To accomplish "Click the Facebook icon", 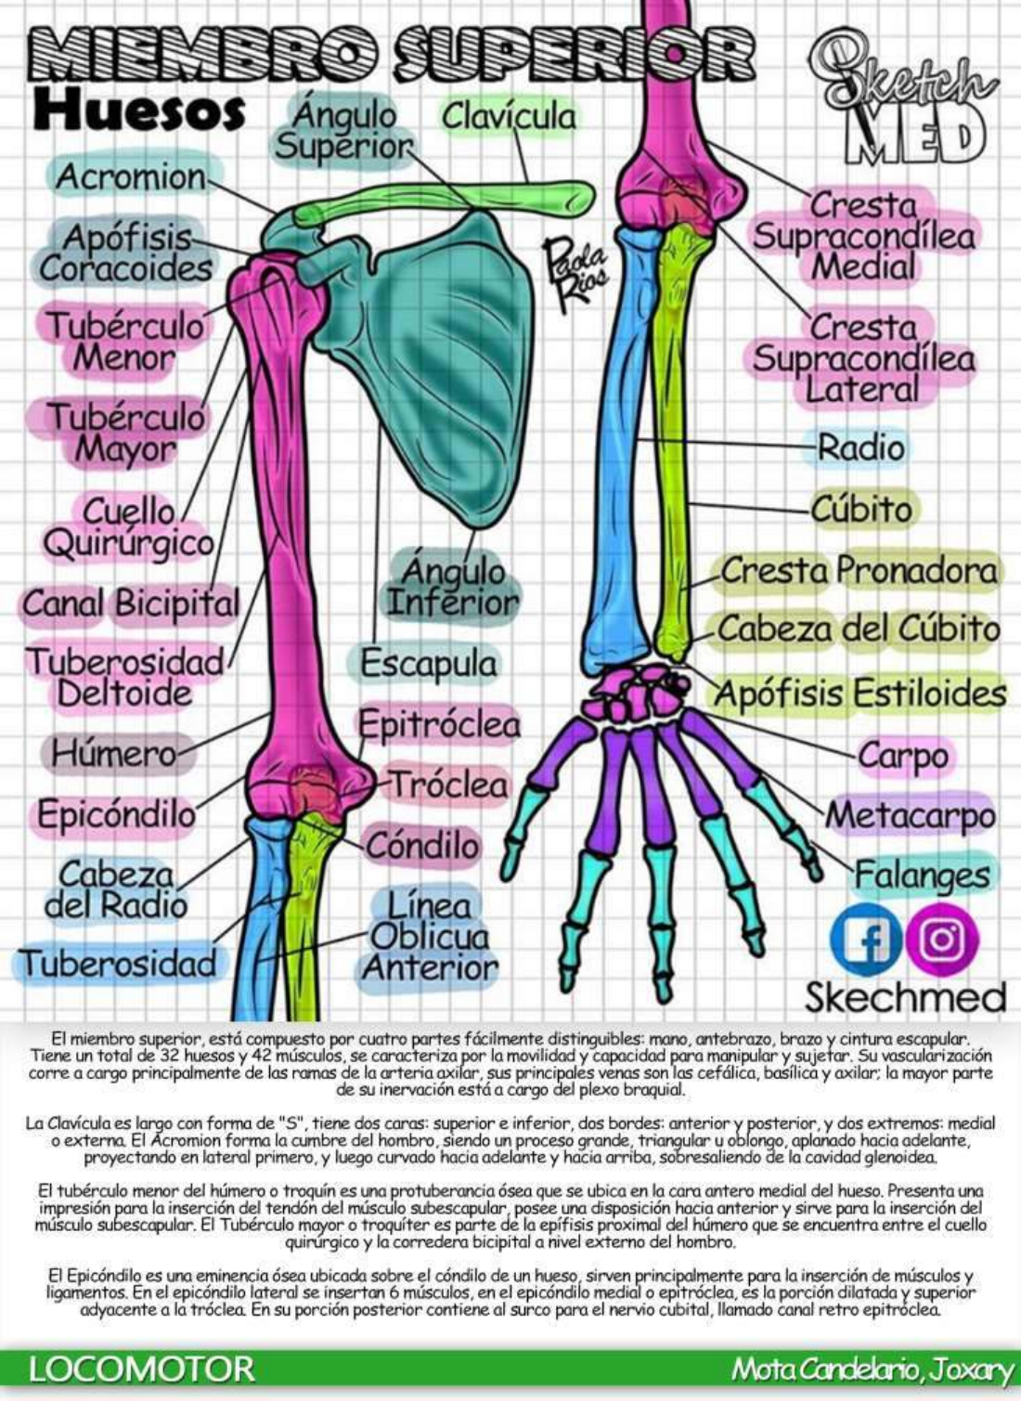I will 865,939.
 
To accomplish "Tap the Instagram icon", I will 941,939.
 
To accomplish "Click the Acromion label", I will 131,176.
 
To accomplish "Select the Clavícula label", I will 508,116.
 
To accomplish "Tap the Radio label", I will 860,448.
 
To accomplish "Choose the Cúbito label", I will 861,509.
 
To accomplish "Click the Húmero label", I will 113,753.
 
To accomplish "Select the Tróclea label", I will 448,785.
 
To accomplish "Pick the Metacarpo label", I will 910,816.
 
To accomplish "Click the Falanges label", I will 922,875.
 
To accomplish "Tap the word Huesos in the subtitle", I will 138,111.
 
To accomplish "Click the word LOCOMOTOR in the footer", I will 141,1369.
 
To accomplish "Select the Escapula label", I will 428,664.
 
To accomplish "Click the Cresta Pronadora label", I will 859,570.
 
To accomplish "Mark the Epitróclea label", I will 439,724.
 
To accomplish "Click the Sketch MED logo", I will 900,102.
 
